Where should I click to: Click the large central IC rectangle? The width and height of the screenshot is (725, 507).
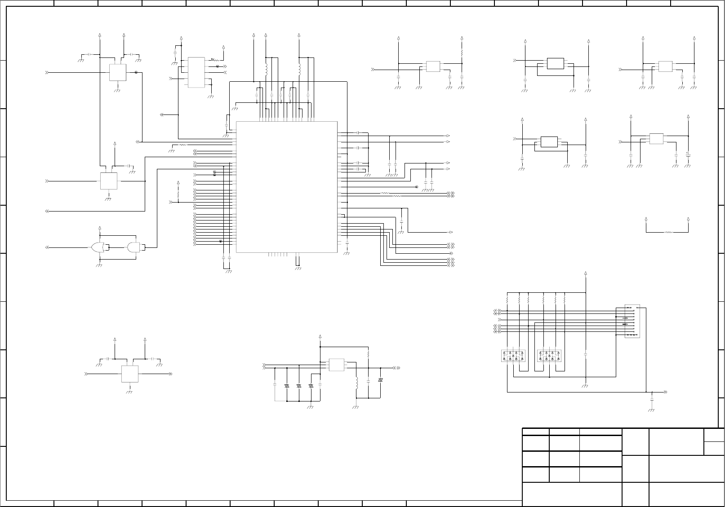tap(286, 186)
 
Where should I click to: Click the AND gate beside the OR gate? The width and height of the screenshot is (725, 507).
tap(133, 247)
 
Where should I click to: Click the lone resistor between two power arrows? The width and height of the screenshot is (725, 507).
tap(668, 232)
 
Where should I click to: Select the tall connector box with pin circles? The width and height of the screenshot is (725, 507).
tap(632, 322)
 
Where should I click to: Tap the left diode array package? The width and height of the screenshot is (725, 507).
tap(513, 356)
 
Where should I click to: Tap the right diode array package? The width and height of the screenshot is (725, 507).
tap(549, 356)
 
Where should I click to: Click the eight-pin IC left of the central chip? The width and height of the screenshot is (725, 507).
tap(196, 72)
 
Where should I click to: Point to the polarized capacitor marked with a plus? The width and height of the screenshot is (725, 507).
tap(688, 155)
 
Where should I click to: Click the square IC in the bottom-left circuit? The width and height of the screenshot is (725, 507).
tap(129, 374)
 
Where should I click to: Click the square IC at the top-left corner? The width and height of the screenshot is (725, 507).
tap(117, 72)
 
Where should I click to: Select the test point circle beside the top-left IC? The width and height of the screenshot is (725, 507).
tap(136, 72)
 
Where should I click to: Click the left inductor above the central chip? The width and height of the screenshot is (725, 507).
tap(266, 70)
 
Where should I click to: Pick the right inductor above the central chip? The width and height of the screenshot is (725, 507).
tap(299, 70)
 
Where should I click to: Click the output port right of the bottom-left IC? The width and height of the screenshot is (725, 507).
tap(170, 374)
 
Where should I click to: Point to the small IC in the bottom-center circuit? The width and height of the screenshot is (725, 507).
tap(336, 365)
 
